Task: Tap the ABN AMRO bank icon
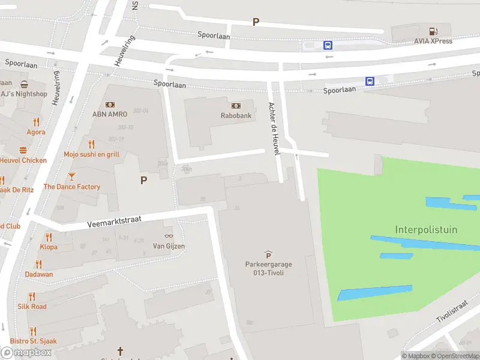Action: pyautogui.click(x=110, y=105)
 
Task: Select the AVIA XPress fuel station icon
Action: pyautogui.click(x=433, y=31)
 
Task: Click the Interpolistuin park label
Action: pyautogui.click(x=426, y=229)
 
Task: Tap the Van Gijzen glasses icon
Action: pyautogui.click(x=168, y=236)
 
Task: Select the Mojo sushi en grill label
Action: pyautogui.click(x=92, y=154)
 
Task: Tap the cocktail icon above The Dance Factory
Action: pyautogui.click(x=71, y=176)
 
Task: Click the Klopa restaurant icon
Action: pyautogui.click(x=49, y=237)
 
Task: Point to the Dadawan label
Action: pyautogui.click(x=39, y=274)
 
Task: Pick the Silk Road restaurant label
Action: pyautogui.click(x=32, y=306)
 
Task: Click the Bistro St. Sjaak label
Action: pyautogui.click(x=33, y=341)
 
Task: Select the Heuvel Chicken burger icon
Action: pyautogui.click(x=23, y=150)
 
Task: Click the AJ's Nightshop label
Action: pyautogui.click(x=24, y=94)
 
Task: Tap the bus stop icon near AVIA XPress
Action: pyautogui.click(x=328, y=45)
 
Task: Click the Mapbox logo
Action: pyautogui.click(x=26, y=353)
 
